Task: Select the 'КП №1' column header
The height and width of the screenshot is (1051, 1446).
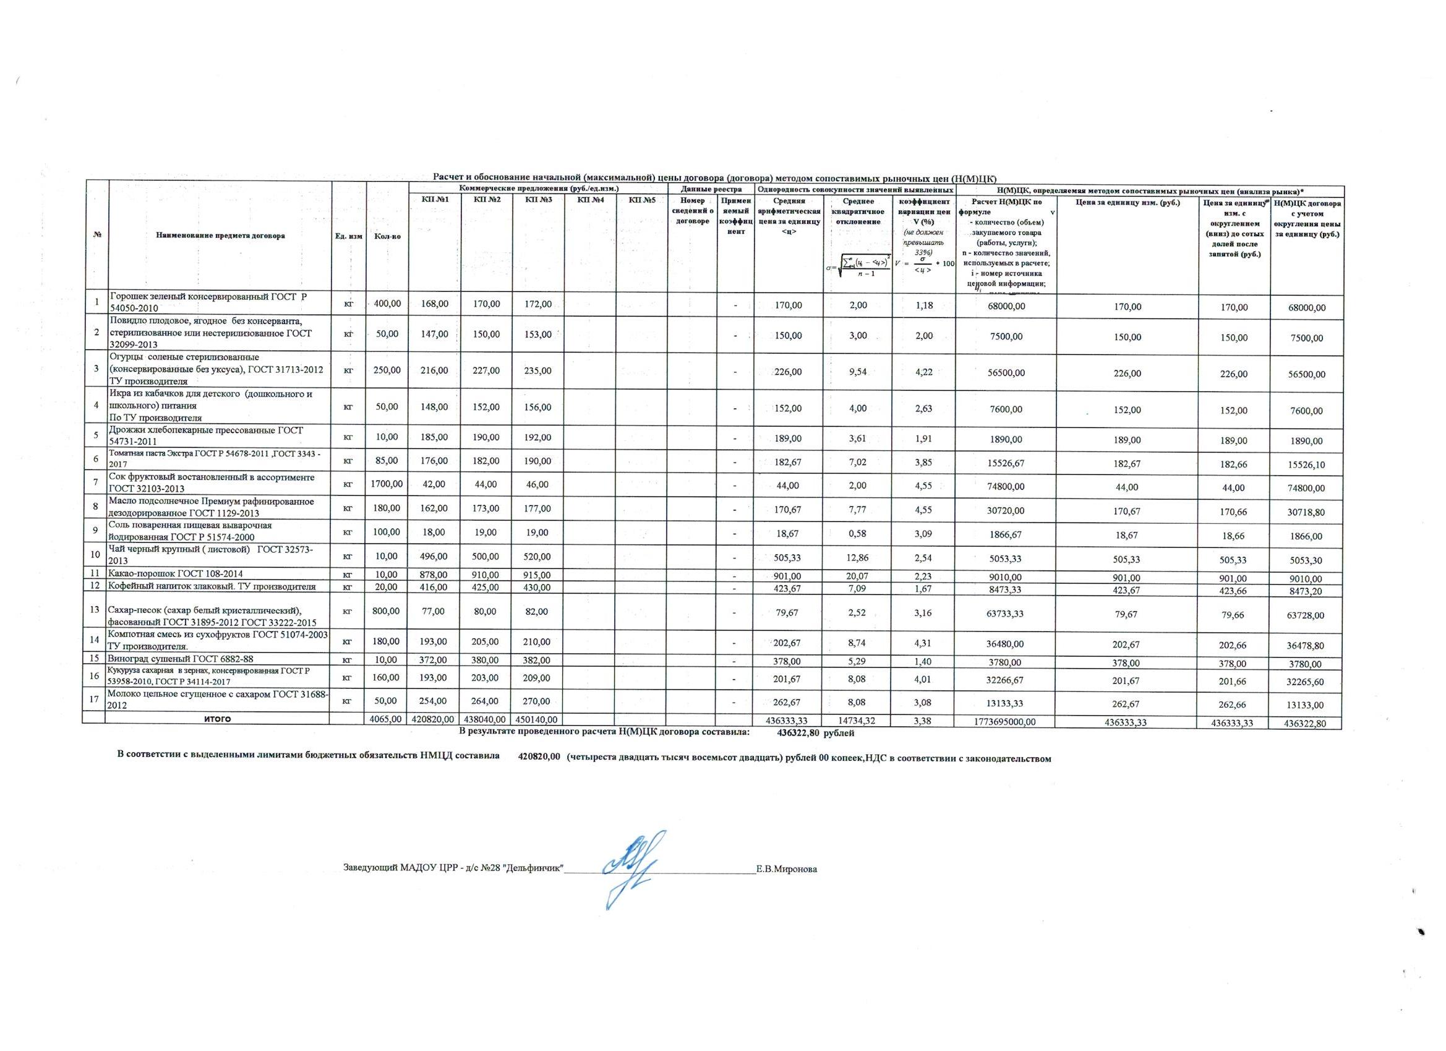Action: click(x=435, y=200)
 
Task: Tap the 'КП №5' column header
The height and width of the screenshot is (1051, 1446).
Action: click(x=641, y=200)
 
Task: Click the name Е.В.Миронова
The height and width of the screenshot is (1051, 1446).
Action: click(x=786, y=869)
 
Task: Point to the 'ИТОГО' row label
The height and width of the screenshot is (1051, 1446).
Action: click(x=216, y=720)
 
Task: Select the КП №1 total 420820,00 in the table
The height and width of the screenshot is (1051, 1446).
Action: click(x=434, y=720)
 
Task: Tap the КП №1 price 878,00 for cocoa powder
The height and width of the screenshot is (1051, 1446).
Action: click(x=435, y=574)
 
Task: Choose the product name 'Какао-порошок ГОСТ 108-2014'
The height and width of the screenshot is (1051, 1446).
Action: click(x=175, y=574)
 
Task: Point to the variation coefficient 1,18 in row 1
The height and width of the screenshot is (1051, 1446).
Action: click(x=924, y=306)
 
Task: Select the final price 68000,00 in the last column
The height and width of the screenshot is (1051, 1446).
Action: click(x=1306, y=308)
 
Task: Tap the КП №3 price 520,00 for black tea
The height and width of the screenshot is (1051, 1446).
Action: click(x=538, y=556)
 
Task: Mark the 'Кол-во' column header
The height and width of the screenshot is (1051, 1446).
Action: click(x=388, y=236)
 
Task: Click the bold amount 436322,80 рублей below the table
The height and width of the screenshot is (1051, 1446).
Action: click(x=815, y=733)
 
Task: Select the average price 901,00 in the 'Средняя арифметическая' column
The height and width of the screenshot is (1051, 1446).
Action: click(x=789, y=577)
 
